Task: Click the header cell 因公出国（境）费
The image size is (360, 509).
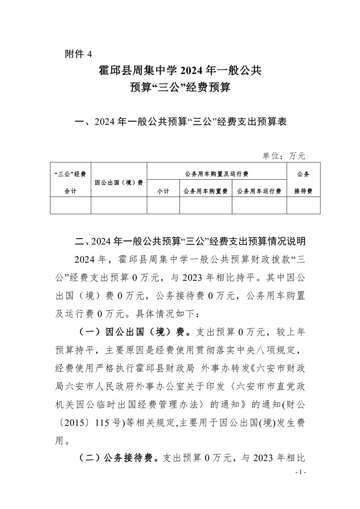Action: point(119,182)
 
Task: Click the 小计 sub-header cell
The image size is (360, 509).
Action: point(163,191)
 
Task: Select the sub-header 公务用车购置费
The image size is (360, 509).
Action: point(206,191)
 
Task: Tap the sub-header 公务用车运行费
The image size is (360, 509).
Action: point(259,191)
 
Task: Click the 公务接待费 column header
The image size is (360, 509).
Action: point(303,182)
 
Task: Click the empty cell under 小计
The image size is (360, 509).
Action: point(163,206)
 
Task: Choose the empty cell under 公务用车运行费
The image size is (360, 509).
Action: point(259,206)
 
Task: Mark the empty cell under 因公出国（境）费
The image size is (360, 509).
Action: point(119,206)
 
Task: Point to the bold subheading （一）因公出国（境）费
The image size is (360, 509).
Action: point(132,332)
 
